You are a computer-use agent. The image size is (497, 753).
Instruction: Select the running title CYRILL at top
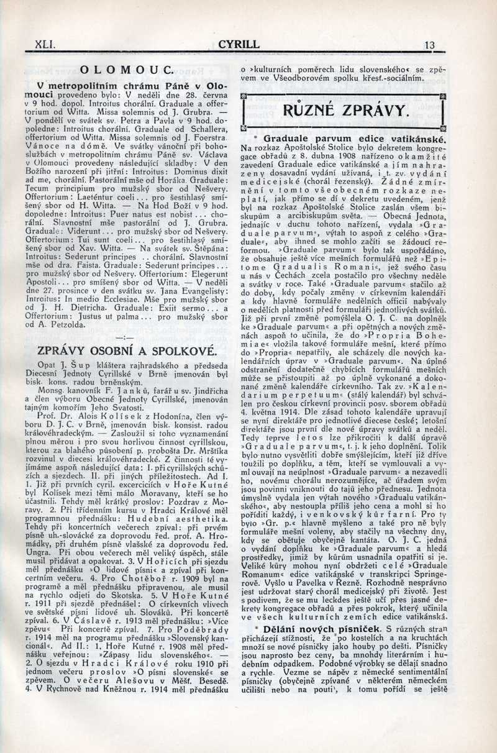[x=239, y=45]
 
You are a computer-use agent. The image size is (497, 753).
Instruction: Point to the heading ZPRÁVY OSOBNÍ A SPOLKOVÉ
[x=126, y=350]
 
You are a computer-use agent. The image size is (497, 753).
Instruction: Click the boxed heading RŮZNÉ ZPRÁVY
[x=345, y=111]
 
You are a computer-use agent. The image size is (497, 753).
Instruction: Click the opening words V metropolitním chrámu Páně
[x=121, y=84]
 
